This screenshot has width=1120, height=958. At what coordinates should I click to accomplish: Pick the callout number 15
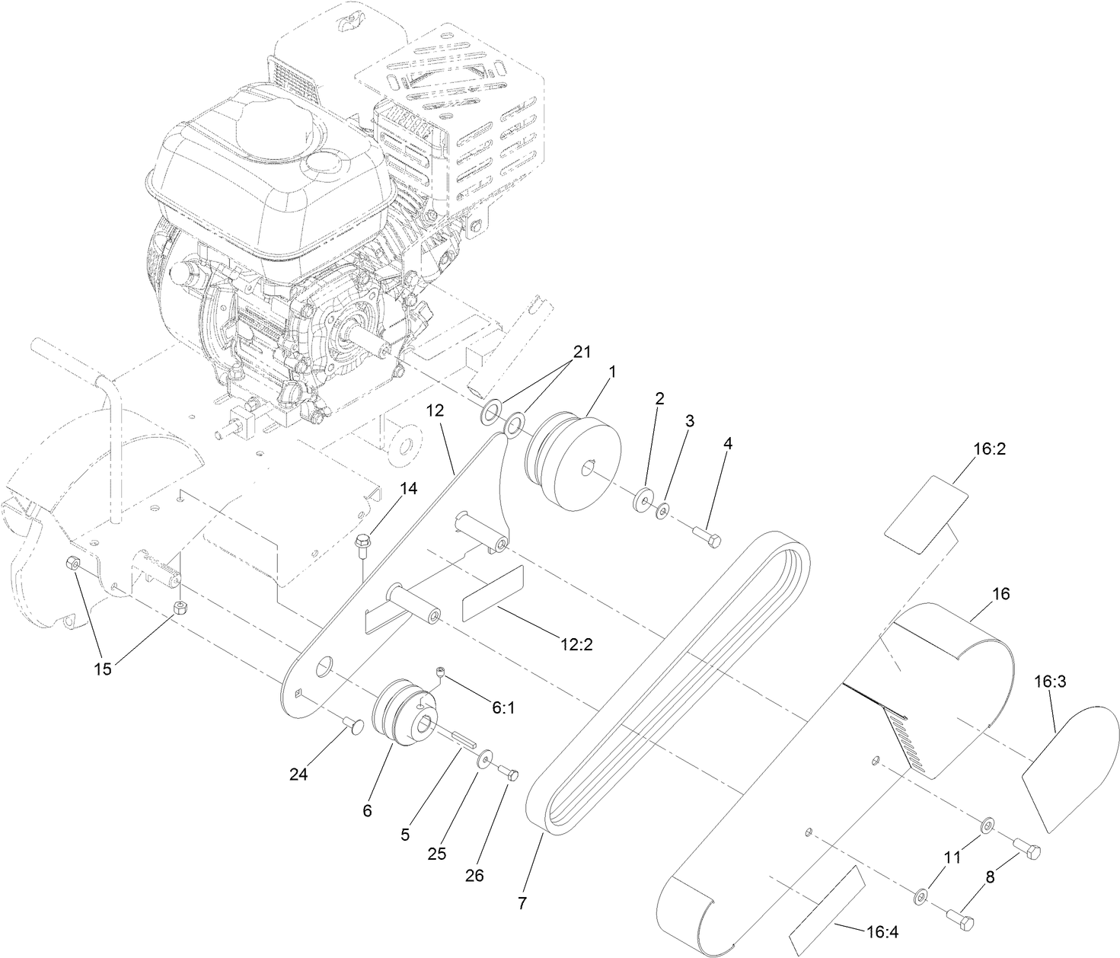(102, 669)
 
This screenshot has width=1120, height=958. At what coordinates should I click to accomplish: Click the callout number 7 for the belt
(522, 904)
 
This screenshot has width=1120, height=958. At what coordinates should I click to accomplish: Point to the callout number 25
(436, 854)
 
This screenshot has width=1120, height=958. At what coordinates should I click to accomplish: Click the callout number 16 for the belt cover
(1002, 593)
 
